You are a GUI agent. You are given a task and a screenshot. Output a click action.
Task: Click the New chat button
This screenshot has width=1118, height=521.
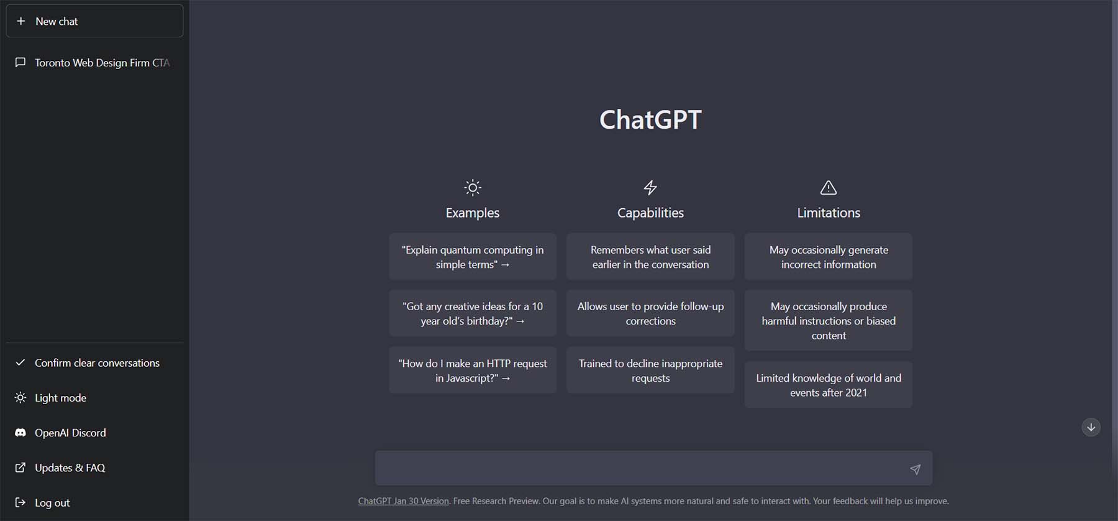(x=94, y=21)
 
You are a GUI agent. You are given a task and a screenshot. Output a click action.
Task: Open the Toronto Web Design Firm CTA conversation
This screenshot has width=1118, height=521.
(x=93, y=63)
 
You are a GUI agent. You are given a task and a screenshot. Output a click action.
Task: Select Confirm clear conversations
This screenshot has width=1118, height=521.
(x=96, y=363)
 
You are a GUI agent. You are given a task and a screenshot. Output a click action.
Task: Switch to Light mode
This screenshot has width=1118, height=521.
(x=60, y=398)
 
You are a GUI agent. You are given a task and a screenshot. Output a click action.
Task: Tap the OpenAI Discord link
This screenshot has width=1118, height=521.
(x=70, y=433)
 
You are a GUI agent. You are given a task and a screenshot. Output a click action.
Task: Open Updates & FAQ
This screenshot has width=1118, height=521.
(x=70, y=468)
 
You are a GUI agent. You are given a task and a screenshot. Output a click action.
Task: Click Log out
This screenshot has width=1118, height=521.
(x=52, y=502)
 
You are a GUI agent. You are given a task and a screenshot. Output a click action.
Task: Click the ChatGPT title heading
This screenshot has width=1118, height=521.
(x=650, y=119)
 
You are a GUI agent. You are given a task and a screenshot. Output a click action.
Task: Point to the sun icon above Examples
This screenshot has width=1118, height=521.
(x=473, y=187)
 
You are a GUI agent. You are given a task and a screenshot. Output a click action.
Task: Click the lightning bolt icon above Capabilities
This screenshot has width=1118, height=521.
(x=650, y=187)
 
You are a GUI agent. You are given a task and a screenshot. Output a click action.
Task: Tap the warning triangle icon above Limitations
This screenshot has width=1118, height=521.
(x=829, y=187)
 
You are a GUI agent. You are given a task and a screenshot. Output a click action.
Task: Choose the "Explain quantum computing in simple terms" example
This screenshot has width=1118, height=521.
(x=473, y=257)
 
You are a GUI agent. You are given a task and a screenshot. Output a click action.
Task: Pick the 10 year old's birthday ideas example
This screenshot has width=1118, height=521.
(x=473, y=313)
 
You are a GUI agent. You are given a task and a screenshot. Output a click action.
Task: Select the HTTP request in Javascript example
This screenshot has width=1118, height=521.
(x=473, y=371)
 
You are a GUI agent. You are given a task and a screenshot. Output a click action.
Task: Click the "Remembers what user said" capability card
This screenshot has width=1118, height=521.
(x=650, y=257)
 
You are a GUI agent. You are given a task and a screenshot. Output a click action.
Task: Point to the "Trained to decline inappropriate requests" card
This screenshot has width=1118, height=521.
(x=650, y=371)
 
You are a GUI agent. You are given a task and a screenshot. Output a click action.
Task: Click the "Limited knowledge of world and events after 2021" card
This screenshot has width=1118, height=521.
(x=829, y=385)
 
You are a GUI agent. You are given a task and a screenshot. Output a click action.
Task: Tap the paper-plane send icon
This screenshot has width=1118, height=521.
(x=915, y=469)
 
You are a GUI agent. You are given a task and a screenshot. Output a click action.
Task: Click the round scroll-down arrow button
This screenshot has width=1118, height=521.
(x=1091, y=427)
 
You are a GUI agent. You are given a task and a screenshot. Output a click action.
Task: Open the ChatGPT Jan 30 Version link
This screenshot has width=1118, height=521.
(x=403, y=501)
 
